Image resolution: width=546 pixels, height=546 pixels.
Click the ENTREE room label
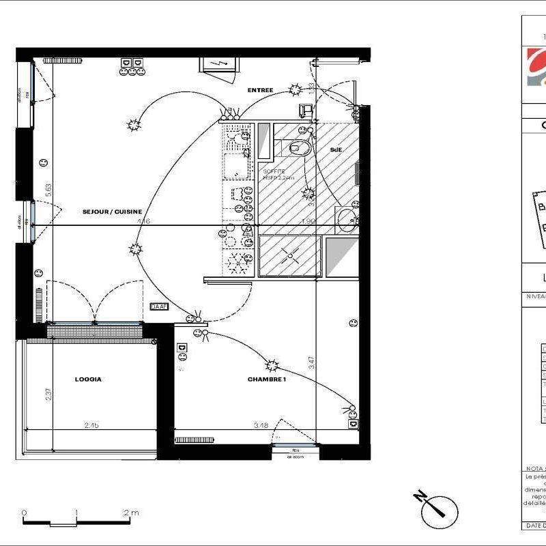(260, 90)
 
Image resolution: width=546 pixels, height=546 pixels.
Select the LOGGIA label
(88, 379)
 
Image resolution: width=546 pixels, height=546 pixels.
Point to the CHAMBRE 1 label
(266, 379)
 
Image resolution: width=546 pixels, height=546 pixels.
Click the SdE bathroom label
(336, 149)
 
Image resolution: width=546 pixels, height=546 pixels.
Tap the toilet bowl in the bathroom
(301, 147)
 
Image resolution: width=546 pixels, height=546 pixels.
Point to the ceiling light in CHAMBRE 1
(272, 366)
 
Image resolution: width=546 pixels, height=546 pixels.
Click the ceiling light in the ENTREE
(296, 89)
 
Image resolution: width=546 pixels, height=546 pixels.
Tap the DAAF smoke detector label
(159, 308)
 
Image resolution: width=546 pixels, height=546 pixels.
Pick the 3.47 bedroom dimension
(311, 362)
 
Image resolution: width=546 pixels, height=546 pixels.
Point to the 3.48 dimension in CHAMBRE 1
(260, 425)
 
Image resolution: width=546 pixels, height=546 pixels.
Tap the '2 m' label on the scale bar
(131, 513)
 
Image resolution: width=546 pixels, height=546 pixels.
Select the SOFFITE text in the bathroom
(274, 171)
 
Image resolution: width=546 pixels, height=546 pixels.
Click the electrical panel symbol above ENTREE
(218, 64)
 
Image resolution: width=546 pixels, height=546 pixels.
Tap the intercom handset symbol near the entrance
(305, 110)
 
